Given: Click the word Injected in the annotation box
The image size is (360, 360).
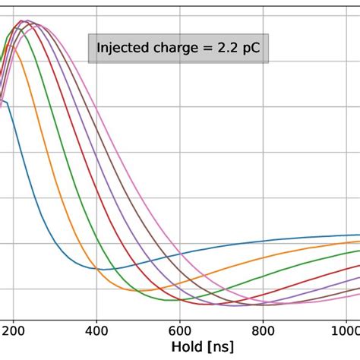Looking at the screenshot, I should click(122, 49).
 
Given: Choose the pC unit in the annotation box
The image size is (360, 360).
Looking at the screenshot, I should click(254, 49).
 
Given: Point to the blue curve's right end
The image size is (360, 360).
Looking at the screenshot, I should click(358, 235).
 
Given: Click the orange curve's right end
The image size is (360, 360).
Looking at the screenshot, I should click(358, 242).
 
